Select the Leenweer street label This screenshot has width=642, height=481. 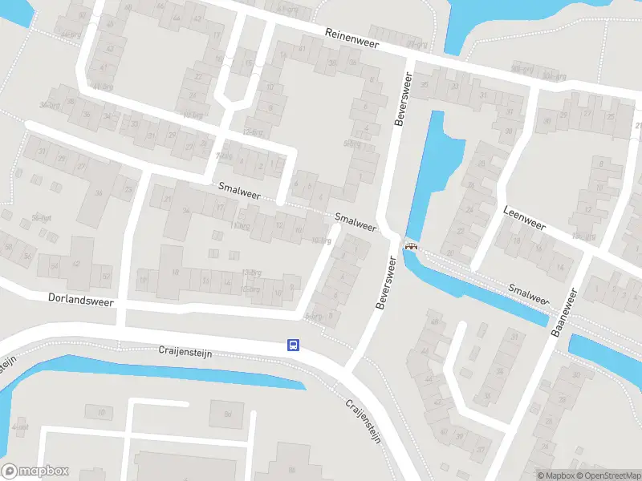click(x=524, y=218)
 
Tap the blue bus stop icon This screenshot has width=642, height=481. click(x=294, y=346)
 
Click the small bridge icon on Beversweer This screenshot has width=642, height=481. click(x=412, y=246)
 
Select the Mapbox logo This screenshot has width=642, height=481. click(x=35, y=471)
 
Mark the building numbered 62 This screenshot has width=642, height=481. click(x=77, y=262)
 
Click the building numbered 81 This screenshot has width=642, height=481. click(x=227, y=414)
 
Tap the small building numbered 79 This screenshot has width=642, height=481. click(x=101, y=412)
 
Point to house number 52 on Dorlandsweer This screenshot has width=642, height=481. click(x=106, y=277)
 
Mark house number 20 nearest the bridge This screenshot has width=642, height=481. click(x=449, y=253)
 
